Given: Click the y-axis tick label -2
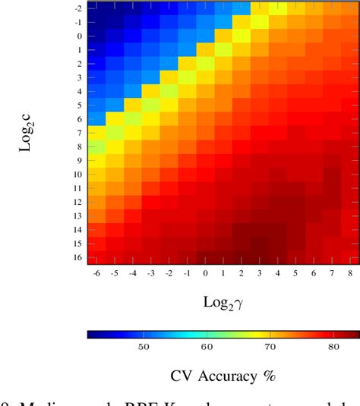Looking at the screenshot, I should coord(78,8).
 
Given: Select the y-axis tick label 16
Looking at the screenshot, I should coord(77,258).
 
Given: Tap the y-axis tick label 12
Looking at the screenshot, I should coord(77,203).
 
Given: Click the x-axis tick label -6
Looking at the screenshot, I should coord(96,272).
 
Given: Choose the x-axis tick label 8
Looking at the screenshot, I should coord(350,272).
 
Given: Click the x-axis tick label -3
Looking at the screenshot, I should coord(150,272).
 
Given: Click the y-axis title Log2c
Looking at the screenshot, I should coord(26,134).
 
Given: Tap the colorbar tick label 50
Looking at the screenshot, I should coord(142,346).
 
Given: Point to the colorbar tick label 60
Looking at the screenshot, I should coord(206,346).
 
